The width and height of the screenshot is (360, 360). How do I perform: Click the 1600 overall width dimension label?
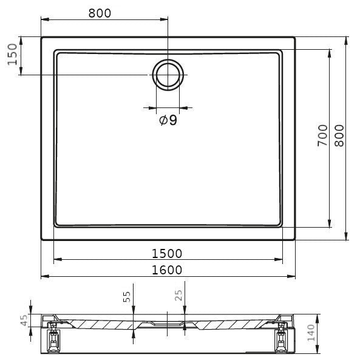coord(167,270)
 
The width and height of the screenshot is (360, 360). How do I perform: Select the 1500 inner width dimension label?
coord(167,254)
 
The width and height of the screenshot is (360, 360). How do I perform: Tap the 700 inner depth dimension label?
coord(322,135)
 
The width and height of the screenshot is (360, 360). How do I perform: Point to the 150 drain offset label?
coord(12,55)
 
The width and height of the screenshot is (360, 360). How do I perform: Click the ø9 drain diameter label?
coord(168,120)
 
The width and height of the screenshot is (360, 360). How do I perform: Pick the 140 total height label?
coord(311,333)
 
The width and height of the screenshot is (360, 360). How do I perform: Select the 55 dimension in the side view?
coord(127,297)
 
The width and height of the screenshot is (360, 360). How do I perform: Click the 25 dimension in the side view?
coord(178,295)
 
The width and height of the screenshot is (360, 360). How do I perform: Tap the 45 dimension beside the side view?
coord(24,321)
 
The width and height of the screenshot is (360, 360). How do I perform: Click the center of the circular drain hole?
coord(168,75)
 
